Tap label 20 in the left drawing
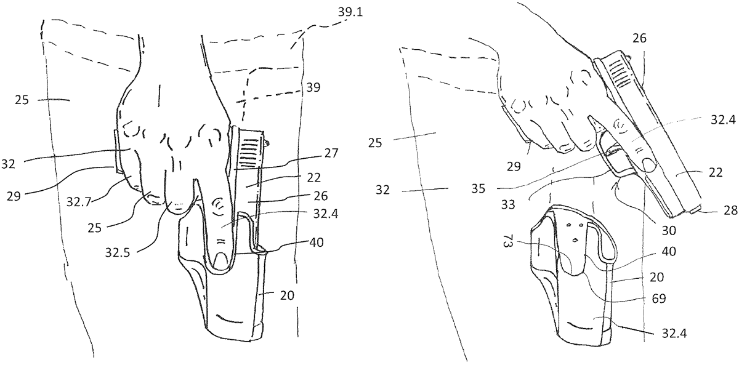click(x=288, y=295)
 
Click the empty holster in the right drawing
click(x=573, y=289)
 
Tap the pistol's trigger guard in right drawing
click(x=622, y=169)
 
